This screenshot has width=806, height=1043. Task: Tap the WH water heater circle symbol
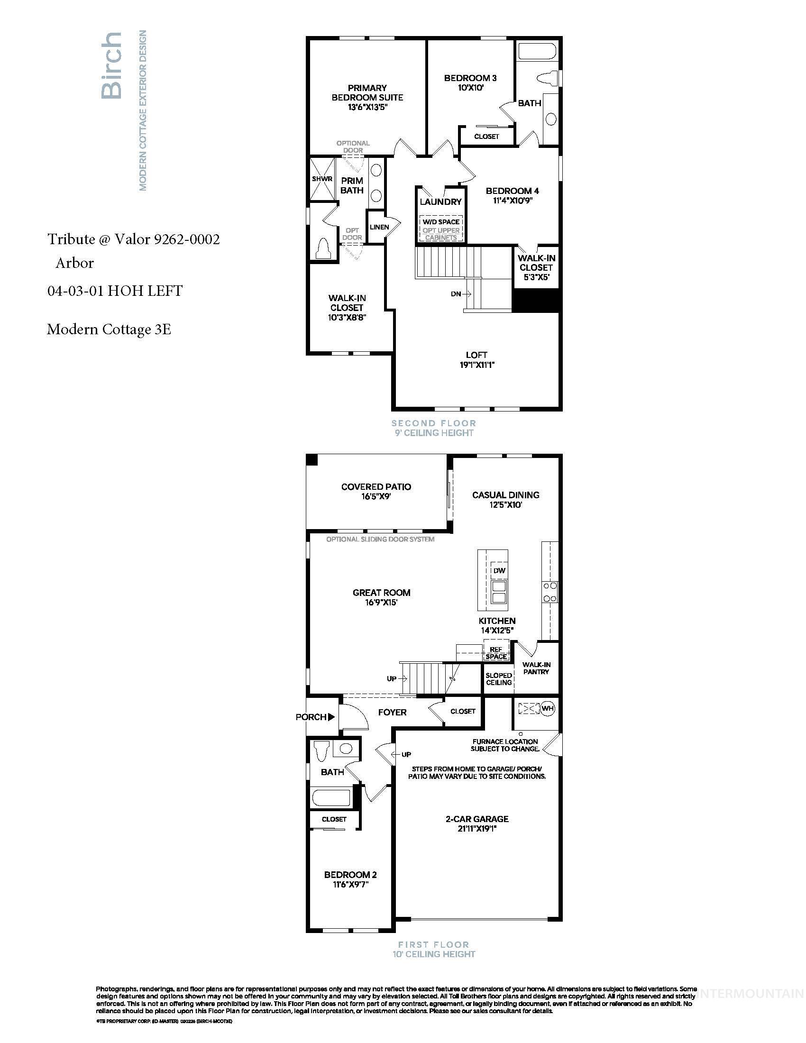[x=547, y=708]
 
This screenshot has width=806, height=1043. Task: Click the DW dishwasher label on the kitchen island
[x=499, y=571]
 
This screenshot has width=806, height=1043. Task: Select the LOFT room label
[x=476, y=355]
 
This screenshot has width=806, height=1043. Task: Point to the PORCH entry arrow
[x=331, y=717]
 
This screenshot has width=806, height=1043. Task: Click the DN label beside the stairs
[x=456, y=294]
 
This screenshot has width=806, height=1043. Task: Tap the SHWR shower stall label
[x=322, y=179]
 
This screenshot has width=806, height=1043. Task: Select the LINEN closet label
[x=379, y=227]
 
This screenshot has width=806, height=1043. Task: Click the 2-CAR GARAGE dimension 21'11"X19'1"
[x=477, y=829]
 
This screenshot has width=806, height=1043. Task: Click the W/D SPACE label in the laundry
[x=441, y=221]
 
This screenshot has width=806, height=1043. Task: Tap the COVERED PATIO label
[x=376, y=486]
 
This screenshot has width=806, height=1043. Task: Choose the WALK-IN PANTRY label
[x=536, y=668]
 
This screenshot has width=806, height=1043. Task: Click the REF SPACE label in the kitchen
[x=496, y=653]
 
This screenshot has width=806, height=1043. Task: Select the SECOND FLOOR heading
[x=433, y=423]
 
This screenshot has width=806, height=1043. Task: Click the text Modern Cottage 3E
[x=109, y=329]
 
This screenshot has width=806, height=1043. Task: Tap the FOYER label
[x=392, y=712]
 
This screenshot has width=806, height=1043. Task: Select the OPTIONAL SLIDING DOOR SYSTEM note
[x=380, y=539]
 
